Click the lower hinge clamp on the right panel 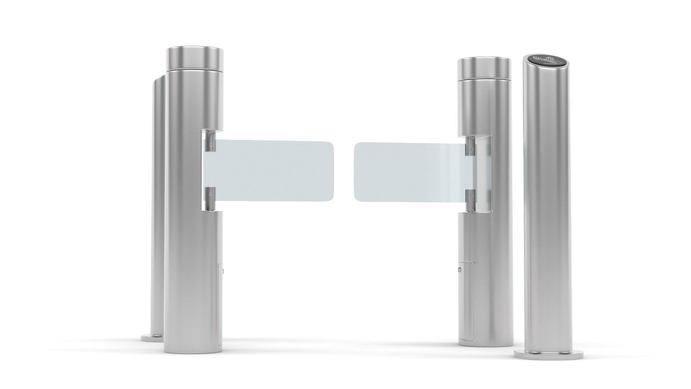pos(469,197)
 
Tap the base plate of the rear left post pos(151,337)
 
